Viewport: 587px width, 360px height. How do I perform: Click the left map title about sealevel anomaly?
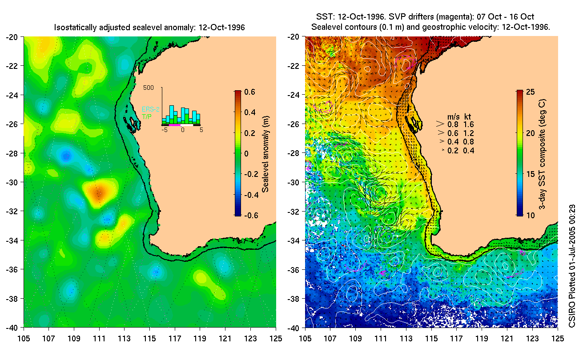(x=149, y=28)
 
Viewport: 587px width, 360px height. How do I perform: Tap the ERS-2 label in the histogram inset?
(x=150, y=109)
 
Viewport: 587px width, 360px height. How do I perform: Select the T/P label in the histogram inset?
(x=146, y=116)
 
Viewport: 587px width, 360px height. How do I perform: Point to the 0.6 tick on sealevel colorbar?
(x=249, y=92)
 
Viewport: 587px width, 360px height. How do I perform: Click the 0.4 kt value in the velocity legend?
(x=469, y=151)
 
